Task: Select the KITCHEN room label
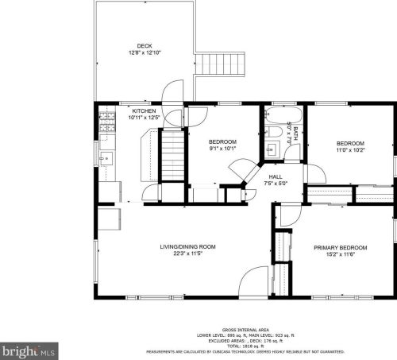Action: point(144,110)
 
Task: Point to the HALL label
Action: point(275,177)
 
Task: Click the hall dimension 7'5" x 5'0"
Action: point(275,184)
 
